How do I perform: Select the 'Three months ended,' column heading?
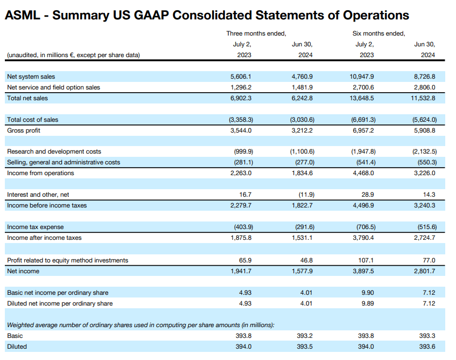pos(256,33)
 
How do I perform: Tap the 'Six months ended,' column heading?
pos(378,33)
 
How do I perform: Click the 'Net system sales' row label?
pos(31,77)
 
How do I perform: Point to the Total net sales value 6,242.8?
pos(301,98)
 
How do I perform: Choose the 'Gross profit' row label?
pos(24,130)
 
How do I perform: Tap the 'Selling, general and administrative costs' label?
pos(64,162)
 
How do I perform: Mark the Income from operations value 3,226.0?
pos(424,173)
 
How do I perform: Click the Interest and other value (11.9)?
pos(305,194)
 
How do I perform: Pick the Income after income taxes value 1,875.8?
pos(240,238)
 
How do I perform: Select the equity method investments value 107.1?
pos(366,260)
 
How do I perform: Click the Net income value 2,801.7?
pos(424,271)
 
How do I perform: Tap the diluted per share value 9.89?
pos(368,303)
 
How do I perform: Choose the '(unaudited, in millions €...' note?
pos(73,55)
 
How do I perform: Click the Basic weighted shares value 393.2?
pos(305,336)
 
